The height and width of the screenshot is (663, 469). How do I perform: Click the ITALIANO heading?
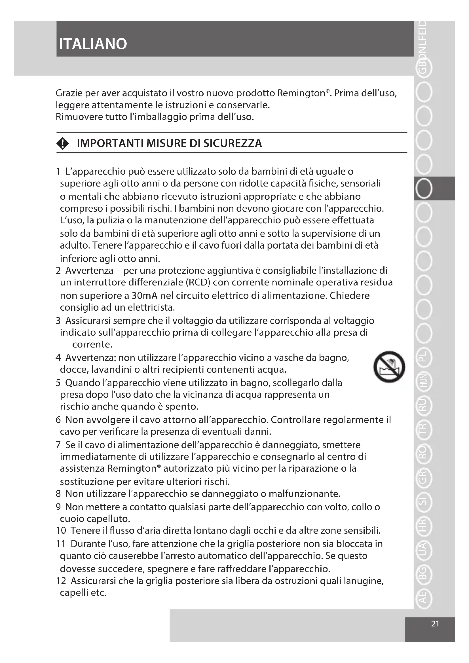(x=93, y=44)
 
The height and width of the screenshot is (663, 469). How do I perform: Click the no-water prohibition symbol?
(x=389, y=367)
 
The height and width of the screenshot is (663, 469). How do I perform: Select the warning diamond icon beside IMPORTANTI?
(x=63, y=143)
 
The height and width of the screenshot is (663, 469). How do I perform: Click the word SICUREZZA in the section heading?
(x=233, y=143)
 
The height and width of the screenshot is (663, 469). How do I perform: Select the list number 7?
(x=58, y=445)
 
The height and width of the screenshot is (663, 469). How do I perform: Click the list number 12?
(x=61, y=581)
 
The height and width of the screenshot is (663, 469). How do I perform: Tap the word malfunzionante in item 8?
(x=304, y=493)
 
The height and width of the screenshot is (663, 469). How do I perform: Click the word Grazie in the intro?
(x=70, y=93)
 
